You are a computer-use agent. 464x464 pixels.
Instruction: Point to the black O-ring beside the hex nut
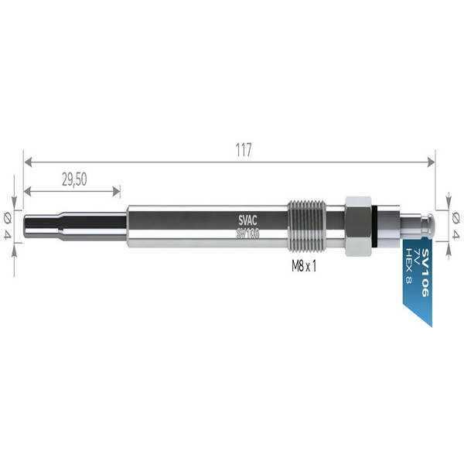coord(374,227)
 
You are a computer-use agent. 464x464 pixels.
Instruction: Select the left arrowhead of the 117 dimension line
coord(28,162)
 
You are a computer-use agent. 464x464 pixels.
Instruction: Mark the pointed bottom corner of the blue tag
coord(429,324)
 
